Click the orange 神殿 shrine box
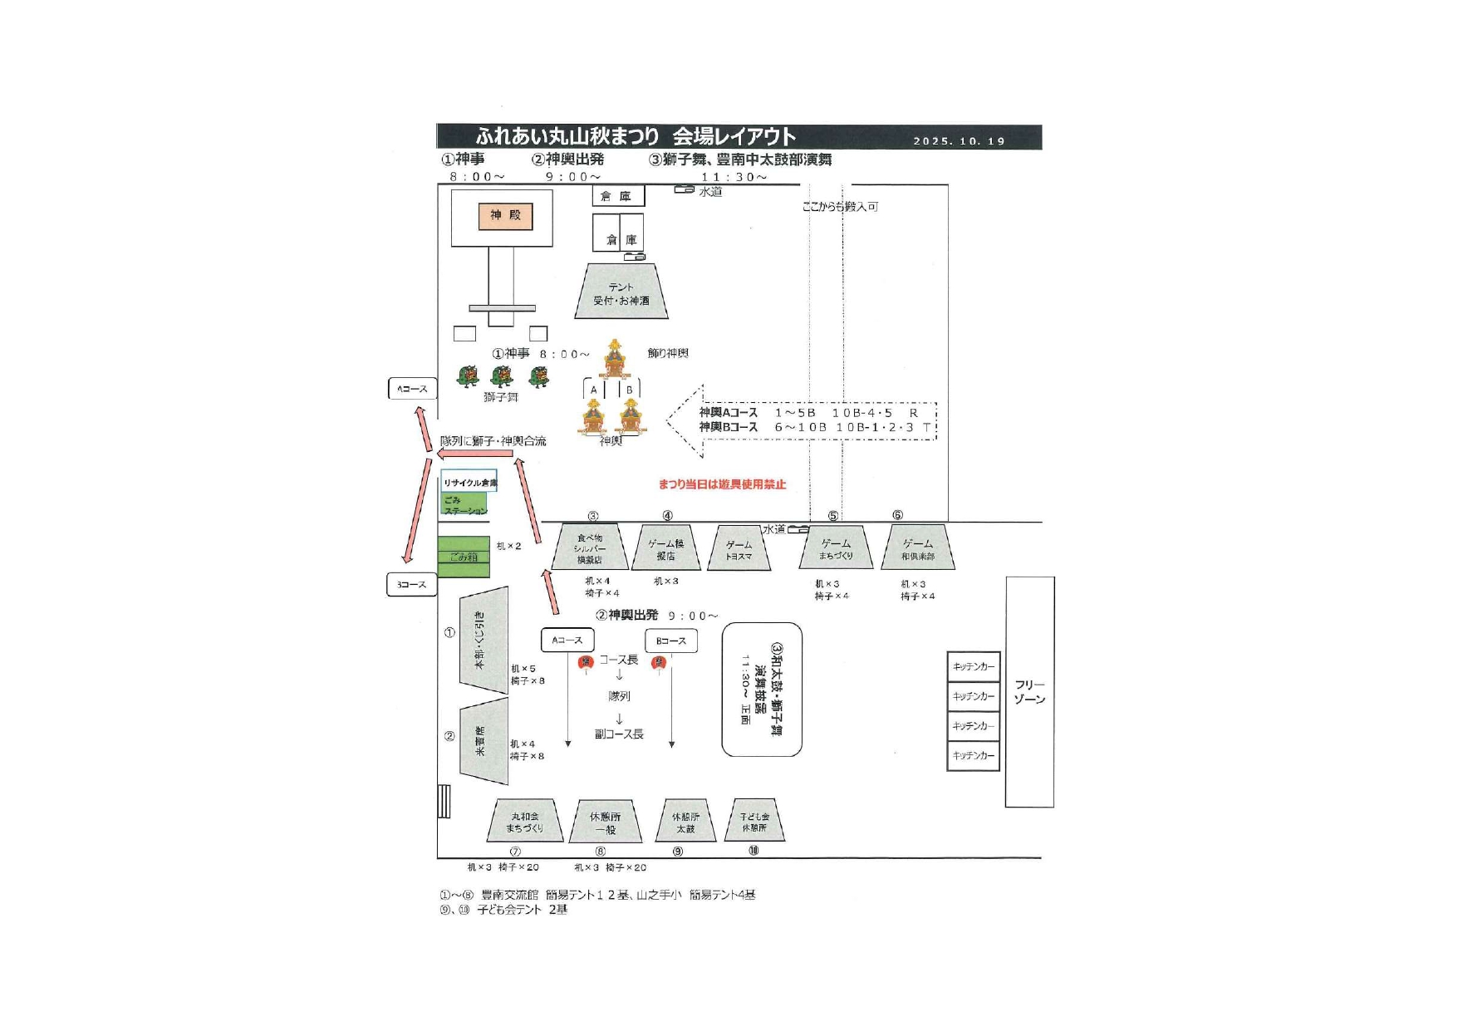[x=505, y=216]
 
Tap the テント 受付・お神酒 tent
[x=621, y=292]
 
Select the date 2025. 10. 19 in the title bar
[x=959, y=141]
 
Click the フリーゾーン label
[x=1029, y=691]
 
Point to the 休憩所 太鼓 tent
[x=685, y=822]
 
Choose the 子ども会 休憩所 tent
[x=754, y=821]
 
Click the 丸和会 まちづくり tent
[x=525, y=822]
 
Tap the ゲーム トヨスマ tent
[x=739, y=550]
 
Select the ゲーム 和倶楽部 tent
[x=917, y=548]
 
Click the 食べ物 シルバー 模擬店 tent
[x=589, y=547]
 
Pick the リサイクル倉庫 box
[x=469, y=482]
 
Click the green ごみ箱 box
[x=464, y=557]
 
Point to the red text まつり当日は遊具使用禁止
[x=722, y=484]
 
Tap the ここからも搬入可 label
[x=840, y=206]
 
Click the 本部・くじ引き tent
[x=484, y=641]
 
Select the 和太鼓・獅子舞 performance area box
[x=761, y=690]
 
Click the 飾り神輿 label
[x=668, y=353]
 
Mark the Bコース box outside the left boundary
[x=411, y=585]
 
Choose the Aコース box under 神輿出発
[x=567, y=641]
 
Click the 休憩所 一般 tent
[x=606, y=822]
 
